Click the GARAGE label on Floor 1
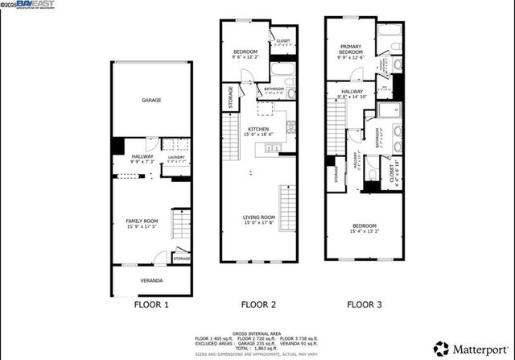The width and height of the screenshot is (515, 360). (151, 101)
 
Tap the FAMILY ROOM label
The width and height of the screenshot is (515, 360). (141, 221)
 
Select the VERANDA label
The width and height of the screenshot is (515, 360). (151, 280)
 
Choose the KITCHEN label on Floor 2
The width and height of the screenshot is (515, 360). (258, 129)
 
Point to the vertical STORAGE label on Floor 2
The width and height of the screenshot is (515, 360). (230, 97)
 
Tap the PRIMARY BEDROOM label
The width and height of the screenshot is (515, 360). (350, 49)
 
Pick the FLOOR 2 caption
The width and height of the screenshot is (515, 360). (259, 305)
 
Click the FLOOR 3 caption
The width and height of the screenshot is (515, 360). (365, 305)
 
